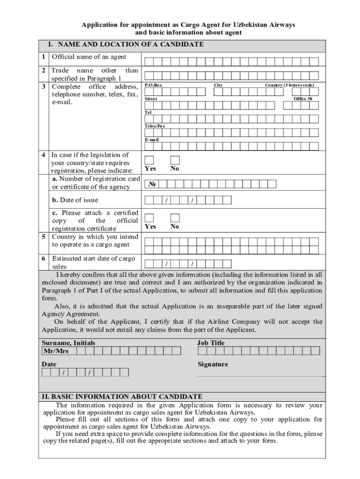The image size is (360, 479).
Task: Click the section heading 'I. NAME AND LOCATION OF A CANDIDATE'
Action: click(x=125, y=44)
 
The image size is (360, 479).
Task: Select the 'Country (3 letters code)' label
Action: click(x=289, y=85)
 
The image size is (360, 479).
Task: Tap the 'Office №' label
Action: click(x=302, y=99)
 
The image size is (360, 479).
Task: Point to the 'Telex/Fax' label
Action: click(x=154, y=126)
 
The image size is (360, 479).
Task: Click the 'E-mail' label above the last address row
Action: click(x=151, y=140)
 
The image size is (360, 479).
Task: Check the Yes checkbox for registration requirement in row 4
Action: click(x=149, y=160)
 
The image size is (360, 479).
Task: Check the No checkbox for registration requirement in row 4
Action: click(x=175, y=160)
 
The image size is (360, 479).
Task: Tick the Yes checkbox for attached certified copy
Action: click(x=149, y=218)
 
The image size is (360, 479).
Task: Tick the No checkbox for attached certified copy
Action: click(x=175, y=218)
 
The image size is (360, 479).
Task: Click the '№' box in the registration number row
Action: click(x=151, y=184)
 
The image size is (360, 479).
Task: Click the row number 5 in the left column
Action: click(x=43, y=237)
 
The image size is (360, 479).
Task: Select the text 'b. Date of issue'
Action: click(x=75, y=200)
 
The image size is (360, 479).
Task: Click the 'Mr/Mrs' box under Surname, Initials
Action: click(x=56, y=351)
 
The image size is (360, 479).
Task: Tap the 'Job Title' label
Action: click(x=211, y=343)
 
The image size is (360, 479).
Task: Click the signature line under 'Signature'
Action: click(x=260, y=376)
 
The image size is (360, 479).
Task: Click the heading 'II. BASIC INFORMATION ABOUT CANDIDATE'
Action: click(x=122, y=396)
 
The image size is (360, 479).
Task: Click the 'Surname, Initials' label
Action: click(x=68, y=343)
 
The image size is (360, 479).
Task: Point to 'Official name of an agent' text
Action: click(x=89, y=57)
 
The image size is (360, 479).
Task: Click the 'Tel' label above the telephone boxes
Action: click(x=148, y=113)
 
